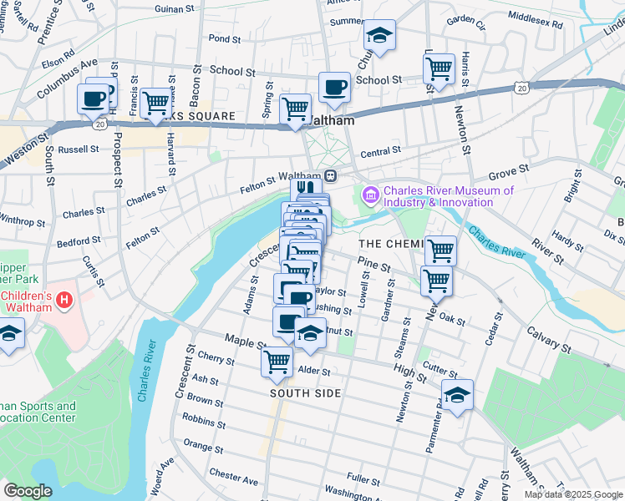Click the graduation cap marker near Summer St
pos(379,36)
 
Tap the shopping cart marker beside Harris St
pos(439,69)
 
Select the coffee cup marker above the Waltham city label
pos(334,88)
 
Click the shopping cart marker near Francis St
pos(155,104)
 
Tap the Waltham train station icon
pos(332,176)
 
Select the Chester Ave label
pos(234,478)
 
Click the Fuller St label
pos(363,478)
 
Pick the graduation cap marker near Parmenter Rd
pos(457,396)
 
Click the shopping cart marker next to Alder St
pos(277,362)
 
